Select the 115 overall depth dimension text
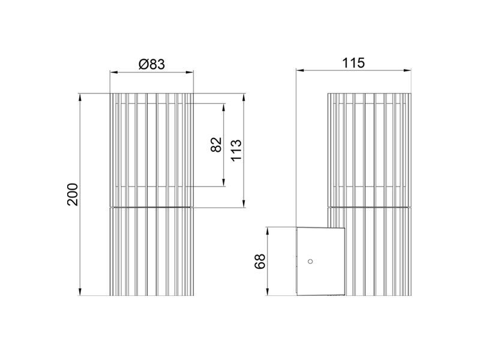(353, 63)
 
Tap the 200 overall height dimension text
(73, 194)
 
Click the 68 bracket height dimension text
(260, 262)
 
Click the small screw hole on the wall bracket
(310, 261)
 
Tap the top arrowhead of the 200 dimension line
(80, 97)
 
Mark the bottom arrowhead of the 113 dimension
(244, 204)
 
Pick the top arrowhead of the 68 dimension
(268, 230)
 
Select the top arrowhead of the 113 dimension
(244, 97)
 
